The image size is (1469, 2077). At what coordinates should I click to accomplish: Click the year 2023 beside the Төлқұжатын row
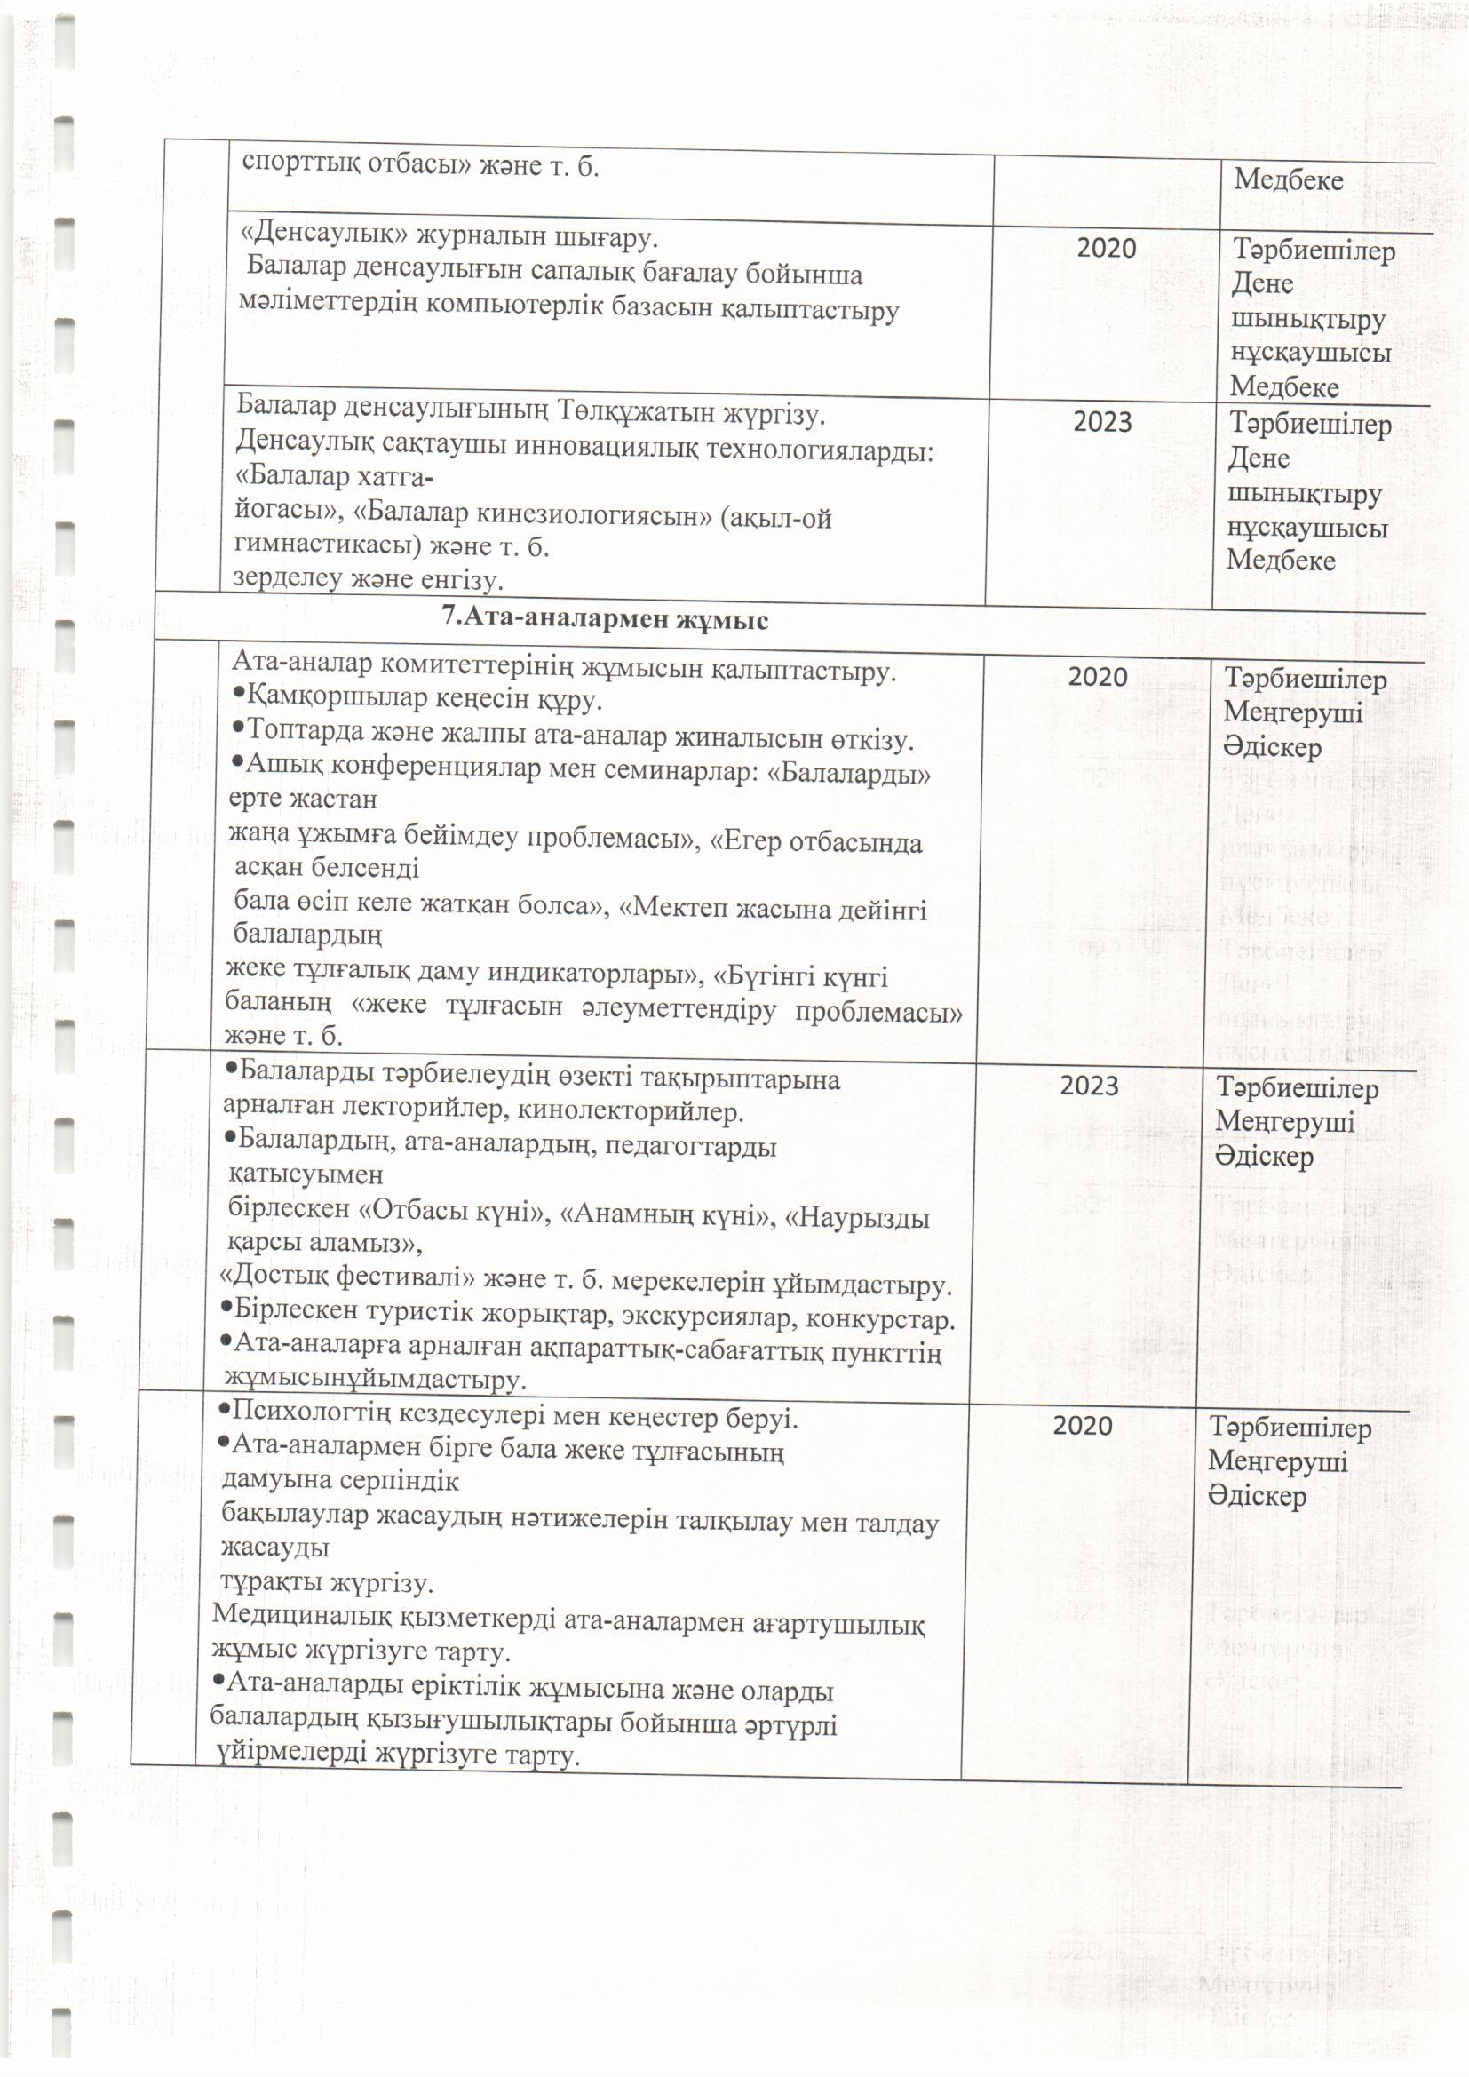[x=1101, y=422]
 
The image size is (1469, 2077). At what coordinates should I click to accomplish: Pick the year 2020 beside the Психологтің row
[x=1082, y=1425]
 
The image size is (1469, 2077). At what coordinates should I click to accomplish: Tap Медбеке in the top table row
[x=1288, y=179]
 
